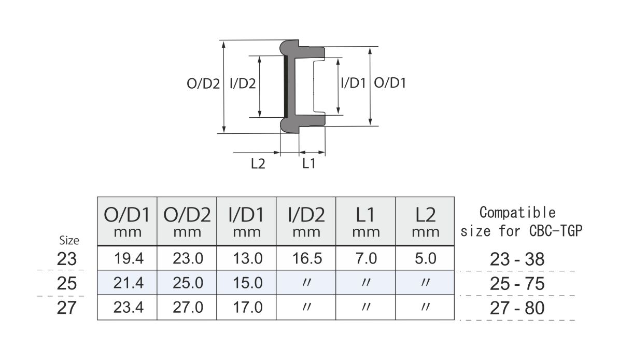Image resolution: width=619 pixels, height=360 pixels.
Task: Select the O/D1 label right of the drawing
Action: (390, 83)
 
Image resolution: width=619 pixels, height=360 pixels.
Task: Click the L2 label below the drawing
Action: (258, 164)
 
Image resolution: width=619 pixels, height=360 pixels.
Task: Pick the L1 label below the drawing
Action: (309, 164)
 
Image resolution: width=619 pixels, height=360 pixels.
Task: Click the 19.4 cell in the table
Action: (127, 258)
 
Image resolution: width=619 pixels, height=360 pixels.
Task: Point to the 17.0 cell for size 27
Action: (246, 308)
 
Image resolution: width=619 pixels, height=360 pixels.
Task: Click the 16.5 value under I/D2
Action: (306, 258)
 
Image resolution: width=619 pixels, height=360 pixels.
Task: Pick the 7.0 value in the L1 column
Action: (366, 258)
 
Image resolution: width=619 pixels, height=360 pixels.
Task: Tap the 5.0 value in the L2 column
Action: (425, 258)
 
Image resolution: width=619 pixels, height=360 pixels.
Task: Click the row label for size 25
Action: (67, 284)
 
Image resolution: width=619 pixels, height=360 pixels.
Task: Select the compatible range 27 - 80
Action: (517, 308)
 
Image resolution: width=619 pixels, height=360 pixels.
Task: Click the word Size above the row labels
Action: (69, 240)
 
